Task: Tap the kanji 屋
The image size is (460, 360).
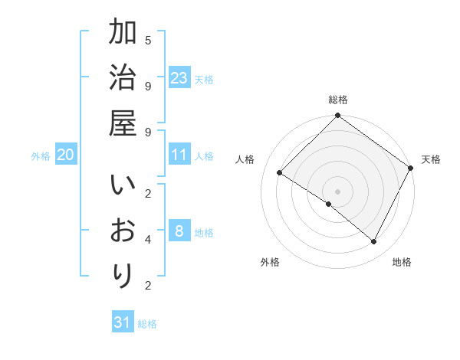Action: point(123,122)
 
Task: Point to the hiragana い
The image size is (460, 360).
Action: point(123,187)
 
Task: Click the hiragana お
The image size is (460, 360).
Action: point(123,231)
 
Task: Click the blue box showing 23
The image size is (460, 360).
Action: point(179,77)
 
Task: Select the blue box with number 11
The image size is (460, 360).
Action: point(179,155)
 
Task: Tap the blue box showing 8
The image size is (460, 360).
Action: point(179,231)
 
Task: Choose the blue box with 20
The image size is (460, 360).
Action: point(66,155)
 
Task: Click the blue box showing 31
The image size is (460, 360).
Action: point(123,322)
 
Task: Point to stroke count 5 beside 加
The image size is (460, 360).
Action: point(148,39)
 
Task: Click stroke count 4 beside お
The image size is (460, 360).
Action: point(148,239)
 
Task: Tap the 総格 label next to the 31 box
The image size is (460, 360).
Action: point(147,324)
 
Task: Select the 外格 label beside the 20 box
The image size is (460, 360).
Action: point(41,156)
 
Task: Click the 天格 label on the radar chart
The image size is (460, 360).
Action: point(431,159)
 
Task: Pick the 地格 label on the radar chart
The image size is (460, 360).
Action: point(402,262)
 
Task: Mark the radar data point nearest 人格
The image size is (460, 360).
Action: point(280,173)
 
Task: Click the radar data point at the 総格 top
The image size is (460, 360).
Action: point(337,116)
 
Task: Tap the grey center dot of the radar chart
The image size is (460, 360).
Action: point(337,191)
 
